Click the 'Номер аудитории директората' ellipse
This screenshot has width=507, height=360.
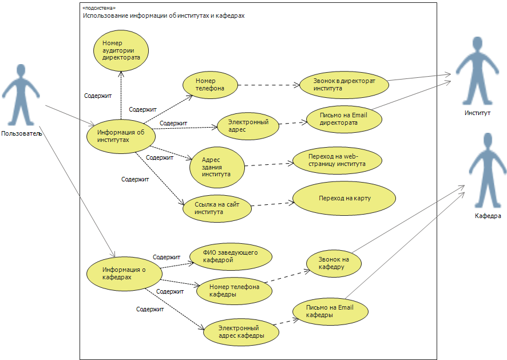tap(121, 51)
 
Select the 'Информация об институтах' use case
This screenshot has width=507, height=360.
tap(121, 136)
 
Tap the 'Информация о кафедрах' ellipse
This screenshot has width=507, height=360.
tap(124, 274)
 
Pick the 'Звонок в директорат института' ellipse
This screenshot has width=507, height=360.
tap(344, 85)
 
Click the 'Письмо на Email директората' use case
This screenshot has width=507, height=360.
tap(344, 119)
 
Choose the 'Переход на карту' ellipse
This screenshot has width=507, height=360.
tap(344, 198)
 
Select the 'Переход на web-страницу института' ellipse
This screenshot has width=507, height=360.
tap(337, 160)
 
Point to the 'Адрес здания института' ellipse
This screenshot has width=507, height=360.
tap(217, 167)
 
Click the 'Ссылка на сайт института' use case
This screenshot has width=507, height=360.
tap(217, 208)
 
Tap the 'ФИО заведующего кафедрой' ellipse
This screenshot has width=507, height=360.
tap(231, 256)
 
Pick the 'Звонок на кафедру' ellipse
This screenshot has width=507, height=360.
tap(334, 263)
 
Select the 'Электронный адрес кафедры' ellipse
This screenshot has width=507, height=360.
tap(241, 332)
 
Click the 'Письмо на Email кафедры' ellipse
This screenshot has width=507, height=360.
tap(330, 311)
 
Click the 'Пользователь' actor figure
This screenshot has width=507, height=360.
tap(21, 95)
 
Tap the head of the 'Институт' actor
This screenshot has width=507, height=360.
tap(477, 43)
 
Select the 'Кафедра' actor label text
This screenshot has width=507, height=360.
tap(488, 216)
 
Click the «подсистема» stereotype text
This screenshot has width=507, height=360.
tap(99, 8)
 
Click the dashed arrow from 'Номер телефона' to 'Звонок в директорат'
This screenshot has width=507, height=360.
tap(269, 85)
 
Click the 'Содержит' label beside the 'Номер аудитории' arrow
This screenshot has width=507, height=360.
tap(98, 96)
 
